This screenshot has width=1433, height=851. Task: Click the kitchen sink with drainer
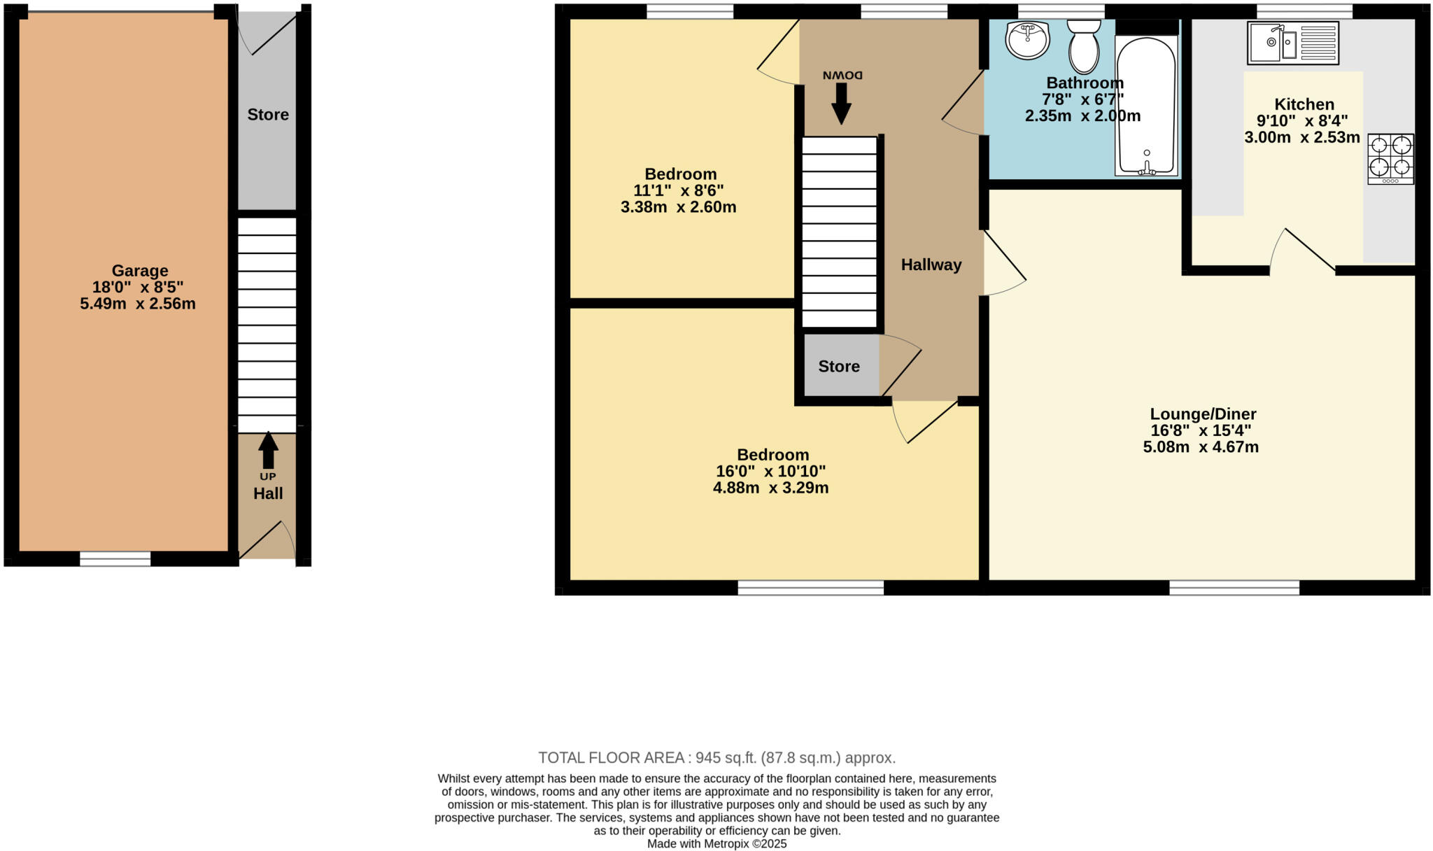click(x=1292, y=43)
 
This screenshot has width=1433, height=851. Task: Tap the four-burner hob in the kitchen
click(x=1390, y=158)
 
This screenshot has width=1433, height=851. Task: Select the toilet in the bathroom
click(x=1083, y=46)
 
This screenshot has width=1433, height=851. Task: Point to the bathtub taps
click(x=1146, y=167)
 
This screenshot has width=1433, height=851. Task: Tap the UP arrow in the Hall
click(x=268, y=451)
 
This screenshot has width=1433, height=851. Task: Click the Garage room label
click(x=140, y=271)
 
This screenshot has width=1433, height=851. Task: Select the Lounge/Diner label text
click(x=1203, y=414)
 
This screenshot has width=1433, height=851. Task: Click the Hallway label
click(x=931, y=265)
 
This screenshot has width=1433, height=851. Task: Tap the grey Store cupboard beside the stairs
click(x=840, y=366)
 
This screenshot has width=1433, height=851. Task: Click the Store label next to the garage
click(x=268, y=115)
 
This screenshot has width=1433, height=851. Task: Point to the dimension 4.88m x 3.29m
click(x=770, y=488)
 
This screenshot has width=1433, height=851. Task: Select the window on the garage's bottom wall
click(x=115, y=558)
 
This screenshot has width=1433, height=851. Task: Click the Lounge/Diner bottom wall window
click(x=1234, y=588)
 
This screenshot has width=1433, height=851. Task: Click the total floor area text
click(x=716, y=758)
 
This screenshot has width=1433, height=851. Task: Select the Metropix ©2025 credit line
click(x=716, y=844)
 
